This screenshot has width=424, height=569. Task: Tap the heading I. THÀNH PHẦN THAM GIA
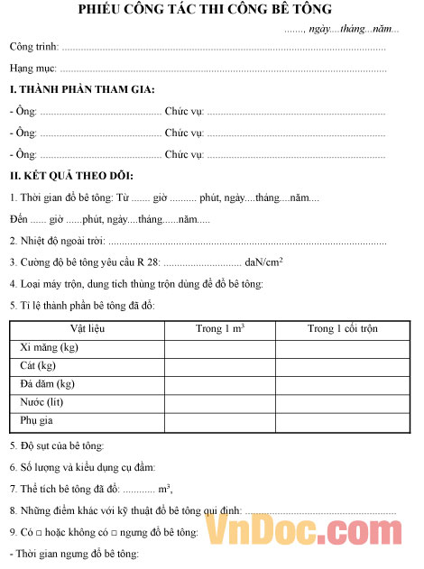pyautogui.click(x=82, y=88)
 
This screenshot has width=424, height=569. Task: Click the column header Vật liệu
pyautogui.click(x=88, y=328)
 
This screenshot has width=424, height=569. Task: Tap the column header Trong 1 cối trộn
pyautogui.click(x=342, y=328)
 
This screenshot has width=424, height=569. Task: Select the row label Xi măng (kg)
pyautogui.click(x=49, y=347)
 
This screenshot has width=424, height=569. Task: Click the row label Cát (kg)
pyautogui.click(x=38, y=365)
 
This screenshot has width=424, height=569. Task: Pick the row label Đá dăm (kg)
pyautogui.click(x=47, y=383)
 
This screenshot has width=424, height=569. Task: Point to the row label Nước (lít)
pyautogui.click(x=42, y=401)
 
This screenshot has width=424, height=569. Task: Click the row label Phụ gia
pyautogui.click(x=37, y=420)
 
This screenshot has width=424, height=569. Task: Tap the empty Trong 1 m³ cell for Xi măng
pyautogui.click(x=219, y=347)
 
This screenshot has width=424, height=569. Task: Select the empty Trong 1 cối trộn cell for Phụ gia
pyautogui.click(x=342, y=420)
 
